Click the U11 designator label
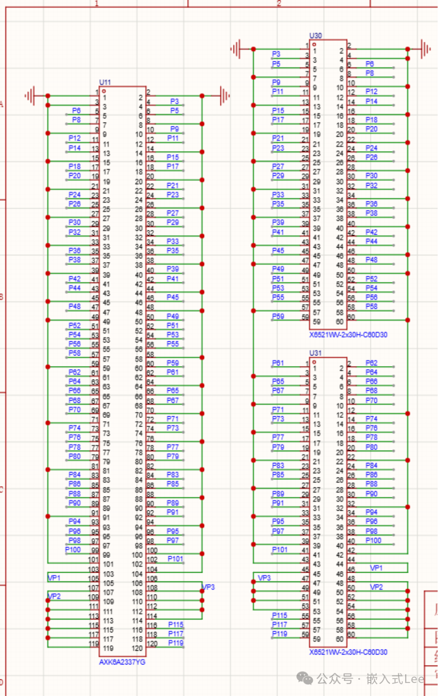[105, 82]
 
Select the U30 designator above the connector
[315, 36]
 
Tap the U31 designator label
[315, 353]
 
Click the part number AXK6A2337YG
[122, 662]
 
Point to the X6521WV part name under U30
[348, 335]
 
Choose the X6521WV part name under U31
[348, 652]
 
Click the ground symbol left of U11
[30, 96]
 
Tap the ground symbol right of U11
[224, 96]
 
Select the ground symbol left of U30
[236, 49]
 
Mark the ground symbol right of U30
[425, 49]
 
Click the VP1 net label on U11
[54, 578]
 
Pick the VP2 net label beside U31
[376, 587]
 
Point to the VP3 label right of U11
[208, 587]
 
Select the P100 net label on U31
[373, 540]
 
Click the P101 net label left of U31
[279, 550]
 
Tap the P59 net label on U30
[278, 316]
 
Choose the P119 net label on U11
[176, 643]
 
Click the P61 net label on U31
[278, 363]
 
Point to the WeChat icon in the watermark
[305, 678]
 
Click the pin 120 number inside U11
[137, 648]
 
